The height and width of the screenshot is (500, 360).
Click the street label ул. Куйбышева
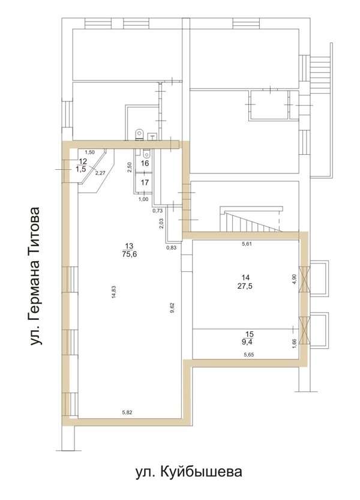click(189, 472)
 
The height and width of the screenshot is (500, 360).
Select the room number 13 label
click(129, 246)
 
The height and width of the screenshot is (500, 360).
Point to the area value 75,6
click(129, 254)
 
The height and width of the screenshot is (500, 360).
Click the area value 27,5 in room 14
click(245, 286)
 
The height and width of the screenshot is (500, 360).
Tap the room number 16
click(145, 163)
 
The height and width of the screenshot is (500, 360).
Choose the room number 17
click(145, 182)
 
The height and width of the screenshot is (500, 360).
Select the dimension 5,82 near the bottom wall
click(127, 412)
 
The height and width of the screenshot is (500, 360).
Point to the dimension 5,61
click(247, 244)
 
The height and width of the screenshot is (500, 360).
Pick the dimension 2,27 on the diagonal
click(100, 173)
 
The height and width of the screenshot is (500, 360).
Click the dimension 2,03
click(161, 223)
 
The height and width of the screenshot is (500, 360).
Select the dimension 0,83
click(171, 247)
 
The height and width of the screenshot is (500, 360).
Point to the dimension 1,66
click(295, 344)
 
